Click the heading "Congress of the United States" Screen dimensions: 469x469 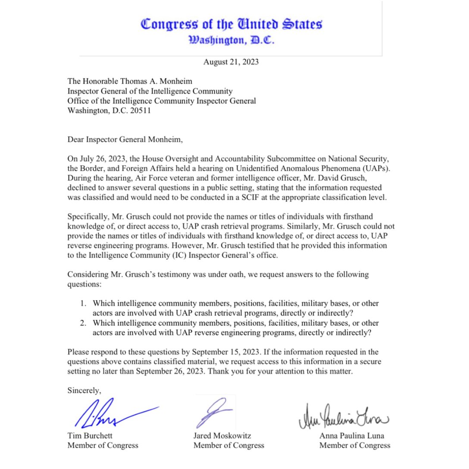231,24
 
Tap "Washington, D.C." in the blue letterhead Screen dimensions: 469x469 231,41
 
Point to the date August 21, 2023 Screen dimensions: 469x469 231,62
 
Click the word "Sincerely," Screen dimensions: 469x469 84,391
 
